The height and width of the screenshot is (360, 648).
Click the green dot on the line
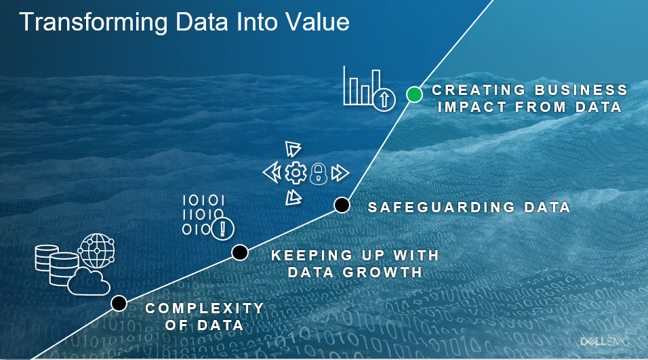[x=414, y=95]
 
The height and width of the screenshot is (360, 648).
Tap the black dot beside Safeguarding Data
[x=342, y=205]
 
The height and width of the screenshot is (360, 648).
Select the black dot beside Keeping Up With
[x=240, y=252]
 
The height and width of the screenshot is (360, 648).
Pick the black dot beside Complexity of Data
[x=119, y=303]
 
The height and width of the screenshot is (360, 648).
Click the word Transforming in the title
[x=94, y=22]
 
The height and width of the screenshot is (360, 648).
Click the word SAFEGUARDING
[x=441, y=207]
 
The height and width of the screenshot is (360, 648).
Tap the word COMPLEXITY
[x=205, y=308]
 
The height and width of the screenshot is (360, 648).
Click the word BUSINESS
[x=581, y=90]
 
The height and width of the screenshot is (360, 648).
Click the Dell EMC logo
[x=605, y=342]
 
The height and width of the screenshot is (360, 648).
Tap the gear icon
[x=296, y=173]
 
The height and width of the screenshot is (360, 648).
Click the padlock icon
[x=319, y=174]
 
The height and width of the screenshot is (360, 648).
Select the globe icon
[x=97, y=251]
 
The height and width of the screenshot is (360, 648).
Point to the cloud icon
[x=89, y=282]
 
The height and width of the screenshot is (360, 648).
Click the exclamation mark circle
[x=223, y=228]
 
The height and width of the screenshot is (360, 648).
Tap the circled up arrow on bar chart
[x=384, y=100]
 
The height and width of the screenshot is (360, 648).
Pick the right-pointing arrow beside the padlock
[x=340, y=173]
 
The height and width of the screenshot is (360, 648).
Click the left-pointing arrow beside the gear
[x=272, y=173]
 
